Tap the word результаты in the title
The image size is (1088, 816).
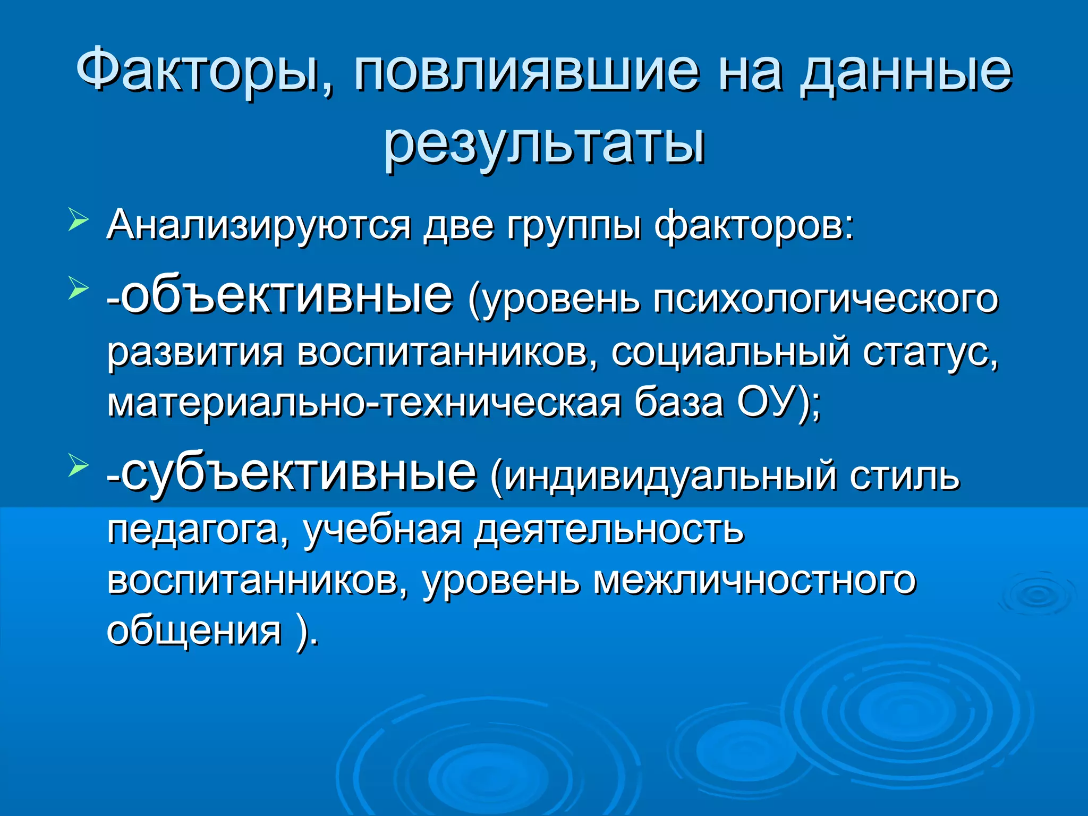pyautogui.click(x=545, y=143)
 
